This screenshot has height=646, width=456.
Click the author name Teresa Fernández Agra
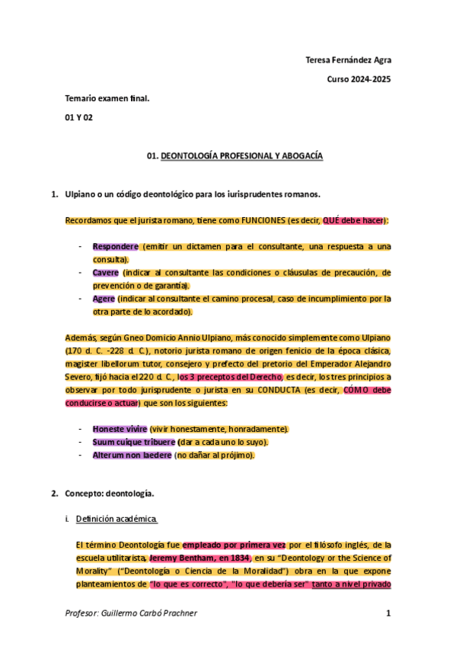coord(348,60)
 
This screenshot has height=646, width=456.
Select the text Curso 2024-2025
coord(359,79)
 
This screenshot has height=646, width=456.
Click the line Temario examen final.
coord(107,98)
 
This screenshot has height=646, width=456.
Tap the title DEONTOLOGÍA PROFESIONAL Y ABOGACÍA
coord(241,155)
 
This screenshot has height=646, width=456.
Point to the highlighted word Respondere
coord(116,247)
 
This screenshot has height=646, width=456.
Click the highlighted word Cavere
coord(106,272)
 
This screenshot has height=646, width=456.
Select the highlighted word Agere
coord(104,299)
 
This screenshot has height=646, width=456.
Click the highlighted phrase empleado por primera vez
coord(234,545)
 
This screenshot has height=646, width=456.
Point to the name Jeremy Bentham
coord(183,558)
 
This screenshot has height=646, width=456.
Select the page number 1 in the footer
coord(388,613)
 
